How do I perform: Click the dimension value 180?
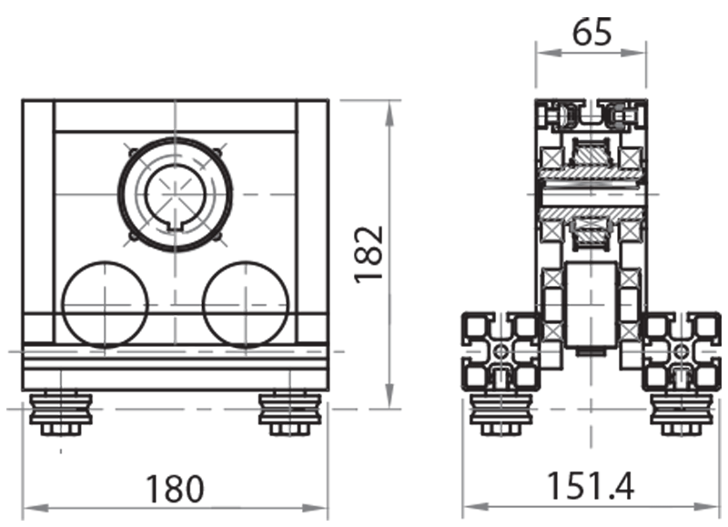[x=175, y=488]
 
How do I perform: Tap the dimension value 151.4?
[x=589, y=488]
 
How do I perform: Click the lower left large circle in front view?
[x=104, y=304]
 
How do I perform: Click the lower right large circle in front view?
[x=246, y=304]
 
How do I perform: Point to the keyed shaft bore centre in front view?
[x=175, y=194]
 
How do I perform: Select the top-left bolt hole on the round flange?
[x=134, y=151]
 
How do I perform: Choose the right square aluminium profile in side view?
[x=682, y=351]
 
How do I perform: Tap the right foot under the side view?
[x=682, y=414]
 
